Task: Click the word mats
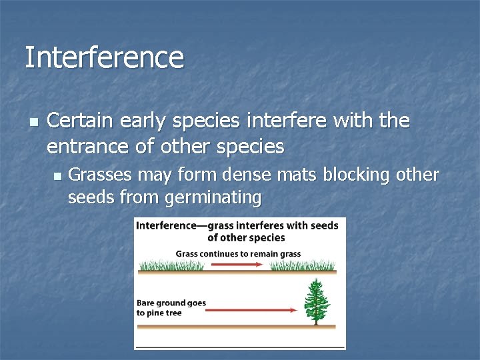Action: coord(294,175)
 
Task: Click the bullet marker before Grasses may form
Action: coord(56,176)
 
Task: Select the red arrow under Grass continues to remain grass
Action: coord(237,265)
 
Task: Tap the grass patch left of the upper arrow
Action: coord(170,265)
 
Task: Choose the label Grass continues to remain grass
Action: coord(238,253)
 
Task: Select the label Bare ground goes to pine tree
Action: coord(171,307)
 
